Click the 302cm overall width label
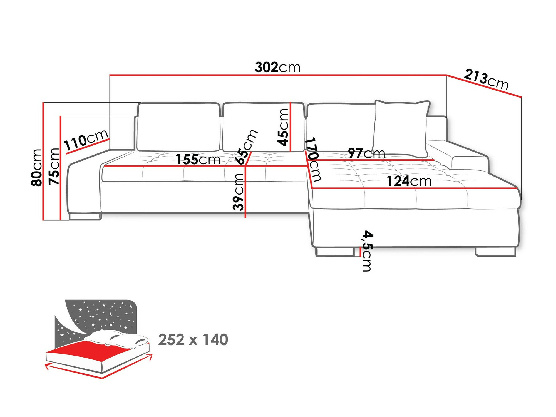point(278,68)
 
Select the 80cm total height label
point(37,167)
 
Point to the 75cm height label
point(54,166)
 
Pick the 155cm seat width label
point(198,159)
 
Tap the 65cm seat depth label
point(246,147)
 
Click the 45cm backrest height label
point(283,127)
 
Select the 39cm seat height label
point(239,192)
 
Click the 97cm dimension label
point(366,153)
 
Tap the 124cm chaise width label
point(409,181)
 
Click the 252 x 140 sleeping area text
point(193,340)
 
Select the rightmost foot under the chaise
point(496,252)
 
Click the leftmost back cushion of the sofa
point(178,127)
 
